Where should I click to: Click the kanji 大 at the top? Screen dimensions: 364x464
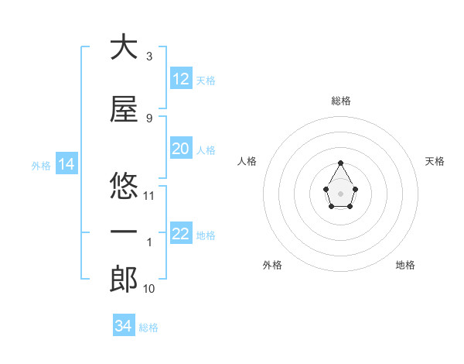pos(124,47)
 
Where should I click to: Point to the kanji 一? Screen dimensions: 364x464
pos(124,232)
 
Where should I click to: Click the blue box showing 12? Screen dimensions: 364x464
pos(181,79)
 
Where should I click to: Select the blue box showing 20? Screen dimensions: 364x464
pos(181,149)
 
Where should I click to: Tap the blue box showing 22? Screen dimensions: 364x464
pos(181,234)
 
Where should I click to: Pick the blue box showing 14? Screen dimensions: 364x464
pos(66,164)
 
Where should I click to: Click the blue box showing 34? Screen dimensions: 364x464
pos(124,326)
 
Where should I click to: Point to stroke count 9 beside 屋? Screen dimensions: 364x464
pos(148,118)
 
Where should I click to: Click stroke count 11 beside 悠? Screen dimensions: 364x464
pos(149,195)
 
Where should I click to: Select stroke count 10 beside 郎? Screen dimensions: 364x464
pos(149,289)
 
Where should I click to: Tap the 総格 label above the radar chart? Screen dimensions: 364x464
pos(340,101)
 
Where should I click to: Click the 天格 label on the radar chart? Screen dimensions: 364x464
pos(435,161)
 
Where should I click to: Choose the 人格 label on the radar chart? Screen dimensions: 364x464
pos(247,161)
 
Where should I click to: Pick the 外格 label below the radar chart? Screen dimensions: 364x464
pos(272,265)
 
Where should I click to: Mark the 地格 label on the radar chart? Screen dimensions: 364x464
pos(405,265)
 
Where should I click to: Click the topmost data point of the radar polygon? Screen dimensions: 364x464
pos(341,163)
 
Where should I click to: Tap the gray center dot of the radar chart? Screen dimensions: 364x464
pos(341,192)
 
